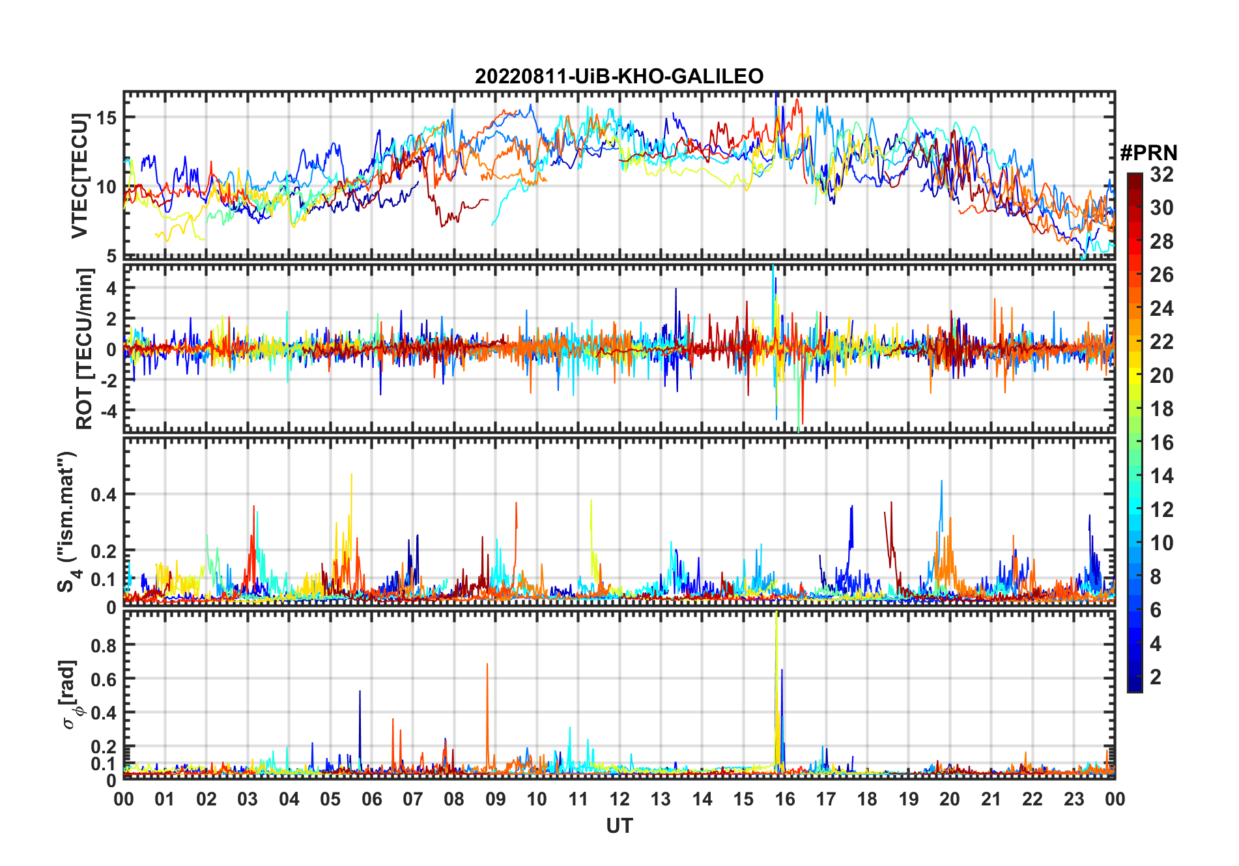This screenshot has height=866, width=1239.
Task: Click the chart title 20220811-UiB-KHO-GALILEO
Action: point(619,77)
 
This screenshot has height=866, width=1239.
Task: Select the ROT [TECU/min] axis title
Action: point(84,349)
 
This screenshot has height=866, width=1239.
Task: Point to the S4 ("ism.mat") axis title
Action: point(68,522)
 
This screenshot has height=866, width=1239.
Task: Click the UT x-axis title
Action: point(619,826)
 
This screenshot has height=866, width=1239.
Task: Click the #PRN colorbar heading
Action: point(1148,153)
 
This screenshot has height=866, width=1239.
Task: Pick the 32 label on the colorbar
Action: point(1161,175)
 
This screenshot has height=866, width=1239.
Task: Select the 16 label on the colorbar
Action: point(1161,443)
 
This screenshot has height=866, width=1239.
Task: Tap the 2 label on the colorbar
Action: point(1156,677)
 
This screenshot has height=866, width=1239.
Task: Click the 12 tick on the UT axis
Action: point(619,799)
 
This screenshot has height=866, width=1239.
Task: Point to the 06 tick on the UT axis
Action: point(372,799)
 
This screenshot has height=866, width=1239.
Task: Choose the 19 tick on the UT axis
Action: point(908,799)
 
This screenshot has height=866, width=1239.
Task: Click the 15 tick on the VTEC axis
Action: point(107,118)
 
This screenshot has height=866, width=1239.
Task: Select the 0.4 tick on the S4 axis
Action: point(104,495)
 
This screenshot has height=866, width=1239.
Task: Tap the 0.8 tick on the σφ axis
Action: point(104,645)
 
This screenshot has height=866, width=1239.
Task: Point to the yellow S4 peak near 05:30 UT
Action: point(352,475)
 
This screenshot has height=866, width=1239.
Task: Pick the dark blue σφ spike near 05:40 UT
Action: point(360,693)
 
